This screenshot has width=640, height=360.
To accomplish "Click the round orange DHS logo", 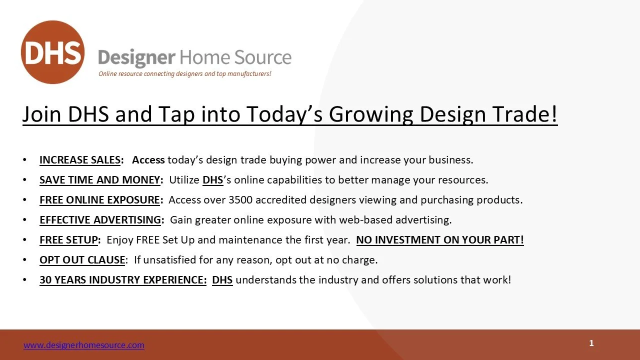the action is pos(53,52).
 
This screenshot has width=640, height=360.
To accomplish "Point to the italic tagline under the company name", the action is pos(185,73).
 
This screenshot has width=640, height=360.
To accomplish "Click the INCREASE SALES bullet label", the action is pos(80,160).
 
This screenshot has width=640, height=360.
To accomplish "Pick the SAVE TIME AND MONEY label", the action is pos(99,180).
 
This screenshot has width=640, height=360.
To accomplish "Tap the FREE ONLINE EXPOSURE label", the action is pos(99,200).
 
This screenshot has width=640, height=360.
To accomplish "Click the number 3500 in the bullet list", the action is pos(240,200).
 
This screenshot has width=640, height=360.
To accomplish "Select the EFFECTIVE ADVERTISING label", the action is pos(100,220).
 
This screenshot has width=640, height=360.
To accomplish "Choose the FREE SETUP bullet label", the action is pos(69,240).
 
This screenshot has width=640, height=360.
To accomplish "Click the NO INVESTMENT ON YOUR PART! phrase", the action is pos(440,240).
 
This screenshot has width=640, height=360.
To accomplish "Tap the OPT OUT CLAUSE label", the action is pos(82,260).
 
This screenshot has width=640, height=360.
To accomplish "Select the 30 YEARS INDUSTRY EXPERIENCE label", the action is pos(123,280).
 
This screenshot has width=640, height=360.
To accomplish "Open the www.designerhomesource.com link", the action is pos(84,345).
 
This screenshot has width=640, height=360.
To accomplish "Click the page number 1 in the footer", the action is pos(591,343).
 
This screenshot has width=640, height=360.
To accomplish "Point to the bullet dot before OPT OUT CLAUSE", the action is pos(24,260).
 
